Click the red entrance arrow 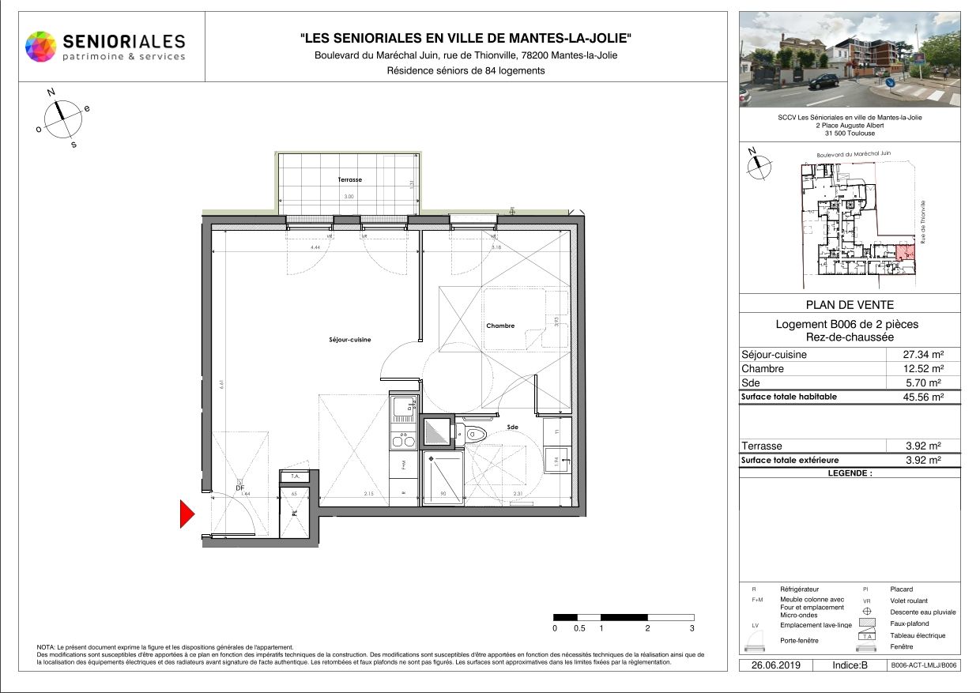(x=187, y=514)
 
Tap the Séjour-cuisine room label (x=349, y=340)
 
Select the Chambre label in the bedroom (x=500, y=326)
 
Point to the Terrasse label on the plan (x=349, y=180)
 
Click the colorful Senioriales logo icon (x=41, y=47)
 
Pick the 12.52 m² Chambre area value (x=924, y=369)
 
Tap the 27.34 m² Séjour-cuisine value (x=924, y=355)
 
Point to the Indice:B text (x=850, y=665)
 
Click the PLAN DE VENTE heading (x=850, y=305)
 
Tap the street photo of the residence (x=850, y=59)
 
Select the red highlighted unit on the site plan (x=905, y=253)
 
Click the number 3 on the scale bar (x=692, y=629)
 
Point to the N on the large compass (x=51, y=92)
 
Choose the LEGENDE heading (x=850, y=473)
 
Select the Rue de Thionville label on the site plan (x=922, y=220)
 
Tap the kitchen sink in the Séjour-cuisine (x=402, y=409)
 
